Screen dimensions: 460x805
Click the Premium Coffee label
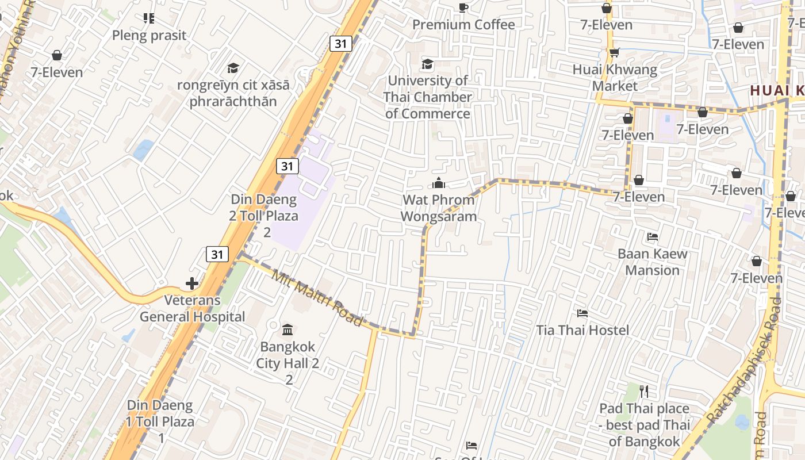(463, 25)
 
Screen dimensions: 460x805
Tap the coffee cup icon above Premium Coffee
(463, 7)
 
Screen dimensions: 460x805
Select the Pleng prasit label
(149, 36)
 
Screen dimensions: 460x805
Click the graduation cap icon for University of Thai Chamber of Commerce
(427, 64)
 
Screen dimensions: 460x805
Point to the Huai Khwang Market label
(615, 78)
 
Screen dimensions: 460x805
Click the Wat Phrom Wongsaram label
(439, 208)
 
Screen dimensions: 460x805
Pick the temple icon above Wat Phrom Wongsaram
(439, 183)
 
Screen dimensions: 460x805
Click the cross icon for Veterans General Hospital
(192, 283)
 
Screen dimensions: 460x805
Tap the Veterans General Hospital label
(193, 309)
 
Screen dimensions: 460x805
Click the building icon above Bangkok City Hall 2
(287, 330)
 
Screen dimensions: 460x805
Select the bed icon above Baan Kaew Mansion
(653, 236)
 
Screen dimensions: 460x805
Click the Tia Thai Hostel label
(582, 331)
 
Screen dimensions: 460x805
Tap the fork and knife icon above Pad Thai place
(644, 392)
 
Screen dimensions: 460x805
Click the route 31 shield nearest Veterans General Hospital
(217, 254)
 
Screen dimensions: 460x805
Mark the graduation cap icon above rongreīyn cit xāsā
(233, 68)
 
